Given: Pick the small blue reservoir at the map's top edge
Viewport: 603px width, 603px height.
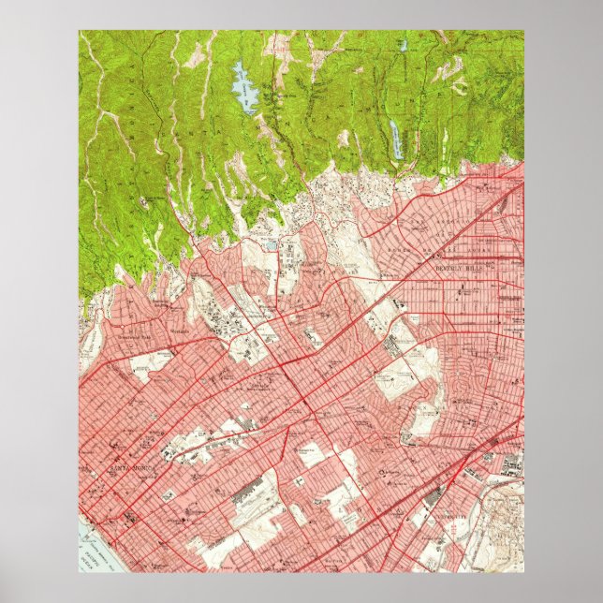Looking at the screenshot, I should tap(404, 44).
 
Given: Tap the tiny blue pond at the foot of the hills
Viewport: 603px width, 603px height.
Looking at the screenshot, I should tap(272, 246).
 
